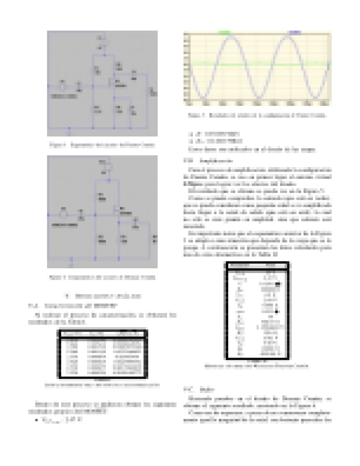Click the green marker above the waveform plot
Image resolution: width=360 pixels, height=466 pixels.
click(x=225, y=32)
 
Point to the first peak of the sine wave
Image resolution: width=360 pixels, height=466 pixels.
click(x=231, y=36)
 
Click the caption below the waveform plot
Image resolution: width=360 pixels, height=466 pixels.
click(x=257, y=115)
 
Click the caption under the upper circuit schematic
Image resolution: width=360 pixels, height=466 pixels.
click(x=102, y=145)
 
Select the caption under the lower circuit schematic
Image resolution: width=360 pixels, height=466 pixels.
click(x=102, y=277)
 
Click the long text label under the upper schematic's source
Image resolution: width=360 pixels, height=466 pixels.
click(x=64, y=96)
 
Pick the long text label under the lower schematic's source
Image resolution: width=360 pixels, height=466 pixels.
click(x=65, y=225)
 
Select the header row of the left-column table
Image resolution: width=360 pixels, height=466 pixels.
click(x=102, y=334)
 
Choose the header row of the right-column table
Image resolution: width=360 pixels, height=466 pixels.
click(x=257, y=266)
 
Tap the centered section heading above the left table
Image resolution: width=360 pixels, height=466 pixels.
click(x=102, y=296)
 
